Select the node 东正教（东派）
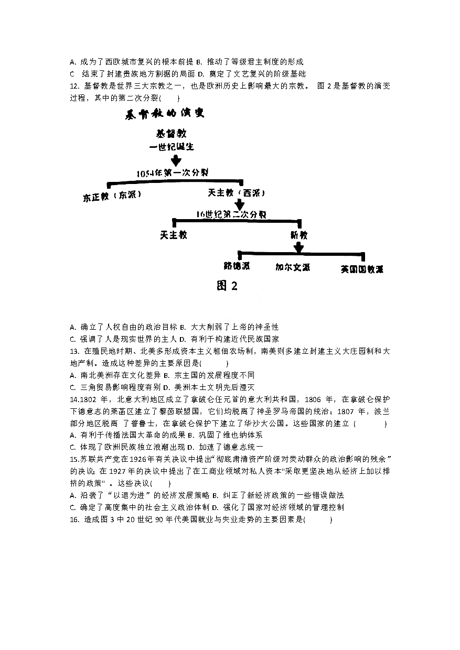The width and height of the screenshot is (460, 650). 112,196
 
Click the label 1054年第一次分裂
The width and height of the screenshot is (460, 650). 173,173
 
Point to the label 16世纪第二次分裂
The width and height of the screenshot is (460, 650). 231,214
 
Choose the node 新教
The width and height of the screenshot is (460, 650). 299,235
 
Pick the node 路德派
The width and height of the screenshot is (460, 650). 237,266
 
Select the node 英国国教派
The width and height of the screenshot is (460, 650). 361,269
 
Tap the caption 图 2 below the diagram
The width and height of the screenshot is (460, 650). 227,286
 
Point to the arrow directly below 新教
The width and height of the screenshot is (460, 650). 299,247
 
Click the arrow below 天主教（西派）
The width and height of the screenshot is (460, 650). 240,204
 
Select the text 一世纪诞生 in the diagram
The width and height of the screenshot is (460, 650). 172,146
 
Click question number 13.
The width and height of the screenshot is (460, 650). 73,351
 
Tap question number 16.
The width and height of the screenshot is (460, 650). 73,519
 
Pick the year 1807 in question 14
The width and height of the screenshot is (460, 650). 350,411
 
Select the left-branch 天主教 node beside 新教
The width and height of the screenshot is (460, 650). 174,235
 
